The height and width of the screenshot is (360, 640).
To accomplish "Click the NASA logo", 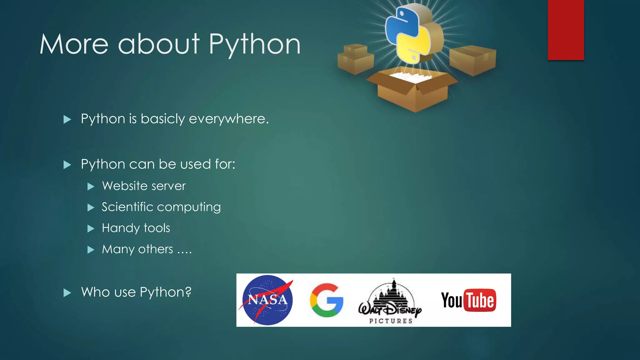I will pyautogui.click(x=267, y=300).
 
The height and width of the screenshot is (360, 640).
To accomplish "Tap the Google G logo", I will pyautogui.click(x=327, y=300).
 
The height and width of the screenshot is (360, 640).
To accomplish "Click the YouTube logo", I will pyautogui.click(x=468, y=300).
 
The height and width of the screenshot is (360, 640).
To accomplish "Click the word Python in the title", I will pyautogui.click(x=254, y=44).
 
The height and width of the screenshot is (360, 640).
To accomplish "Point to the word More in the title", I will pyautogui.click(x=74, y=44).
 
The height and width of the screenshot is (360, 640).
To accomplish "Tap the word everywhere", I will pyautogui.click(x=228, y=119).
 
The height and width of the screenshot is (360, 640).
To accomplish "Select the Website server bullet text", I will pyautogui.click(x=144, y=186).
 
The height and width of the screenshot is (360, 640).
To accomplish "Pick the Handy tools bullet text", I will pyautogui.click(x=136, y=228).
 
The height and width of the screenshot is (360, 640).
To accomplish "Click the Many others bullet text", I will pyautogui.click(x=147, y=249).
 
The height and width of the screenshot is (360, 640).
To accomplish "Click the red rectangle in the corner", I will pyautogui.click(x=566, y=30).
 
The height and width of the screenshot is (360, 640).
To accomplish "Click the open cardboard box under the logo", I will pyautogui.click(x=412, y=91).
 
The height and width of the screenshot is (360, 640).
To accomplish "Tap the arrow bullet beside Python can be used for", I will pyautogui.click(x=67, y=165).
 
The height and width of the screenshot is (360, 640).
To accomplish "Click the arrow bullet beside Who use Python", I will pyautogui.click(x=67, y=293).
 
